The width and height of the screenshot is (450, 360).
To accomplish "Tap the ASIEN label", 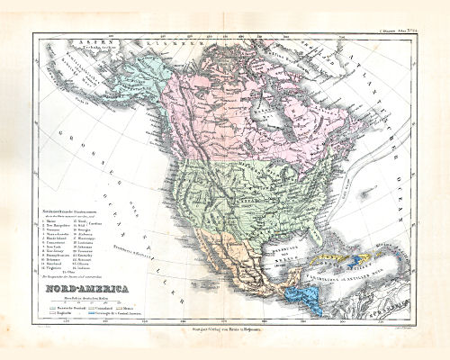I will click(x=57, y=42).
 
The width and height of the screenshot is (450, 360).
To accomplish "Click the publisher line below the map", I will click(x=225, y=334).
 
